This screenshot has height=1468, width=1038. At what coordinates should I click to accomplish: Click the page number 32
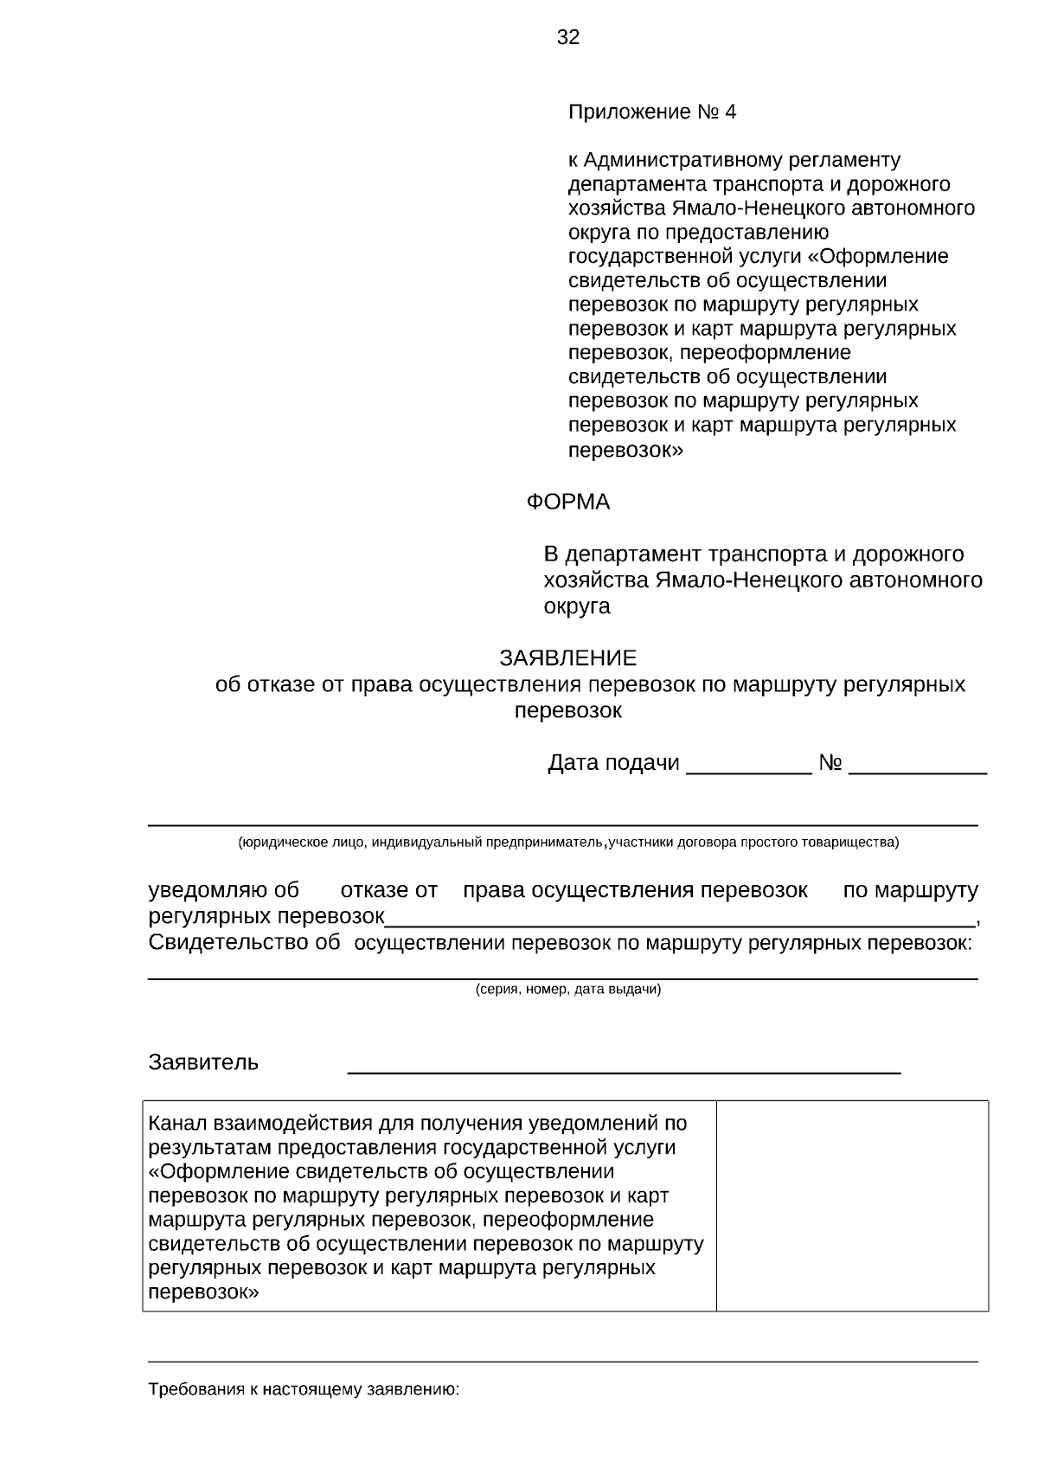[568, 37]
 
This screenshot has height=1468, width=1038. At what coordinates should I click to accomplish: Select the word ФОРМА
[568, 502]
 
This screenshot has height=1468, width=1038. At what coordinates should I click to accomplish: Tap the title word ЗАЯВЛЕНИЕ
[567, 658]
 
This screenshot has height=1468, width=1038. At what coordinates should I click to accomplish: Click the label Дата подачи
[613, 763]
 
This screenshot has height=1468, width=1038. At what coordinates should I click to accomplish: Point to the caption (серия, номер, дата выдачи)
[568, 990]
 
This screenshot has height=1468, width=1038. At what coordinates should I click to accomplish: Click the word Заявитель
[203, 1062]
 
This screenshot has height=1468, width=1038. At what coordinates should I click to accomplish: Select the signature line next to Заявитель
[624, 1071]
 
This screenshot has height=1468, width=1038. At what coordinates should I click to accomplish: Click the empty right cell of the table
[852, 1205]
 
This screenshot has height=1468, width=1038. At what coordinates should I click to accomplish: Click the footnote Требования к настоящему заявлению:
[304, 1390]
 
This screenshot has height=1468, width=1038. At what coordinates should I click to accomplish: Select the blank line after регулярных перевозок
[679, 923]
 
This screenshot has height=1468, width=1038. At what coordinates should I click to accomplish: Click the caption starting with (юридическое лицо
[568, 843]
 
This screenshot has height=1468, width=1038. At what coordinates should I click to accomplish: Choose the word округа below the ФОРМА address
[577, 606]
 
